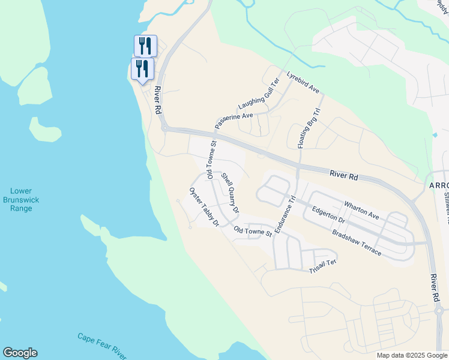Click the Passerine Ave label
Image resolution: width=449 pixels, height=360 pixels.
click(234, 120)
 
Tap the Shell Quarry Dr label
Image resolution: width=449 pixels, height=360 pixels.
click(231, 193)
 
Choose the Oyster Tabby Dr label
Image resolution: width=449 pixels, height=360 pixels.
click(205, 206)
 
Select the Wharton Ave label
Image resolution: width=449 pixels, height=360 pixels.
click(361, 210)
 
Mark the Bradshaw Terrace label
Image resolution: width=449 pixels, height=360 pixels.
click(357, 242)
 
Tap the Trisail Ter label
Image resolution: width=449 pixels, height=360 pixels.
click(323, 266)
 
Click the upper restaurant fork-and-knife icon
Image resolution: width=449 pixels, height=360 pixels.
click(145, 45)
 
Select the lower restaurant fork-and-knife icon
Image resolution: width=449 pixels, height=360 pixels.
click(143, 68)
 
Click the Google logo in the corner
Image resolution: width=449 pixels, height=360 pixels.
click(20, 353)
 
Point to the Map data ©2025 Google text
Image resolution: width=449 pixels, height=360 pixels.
click(411, 355)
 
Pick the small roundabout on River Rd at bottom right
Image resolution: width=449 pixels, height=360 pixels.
click(438, 311)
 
